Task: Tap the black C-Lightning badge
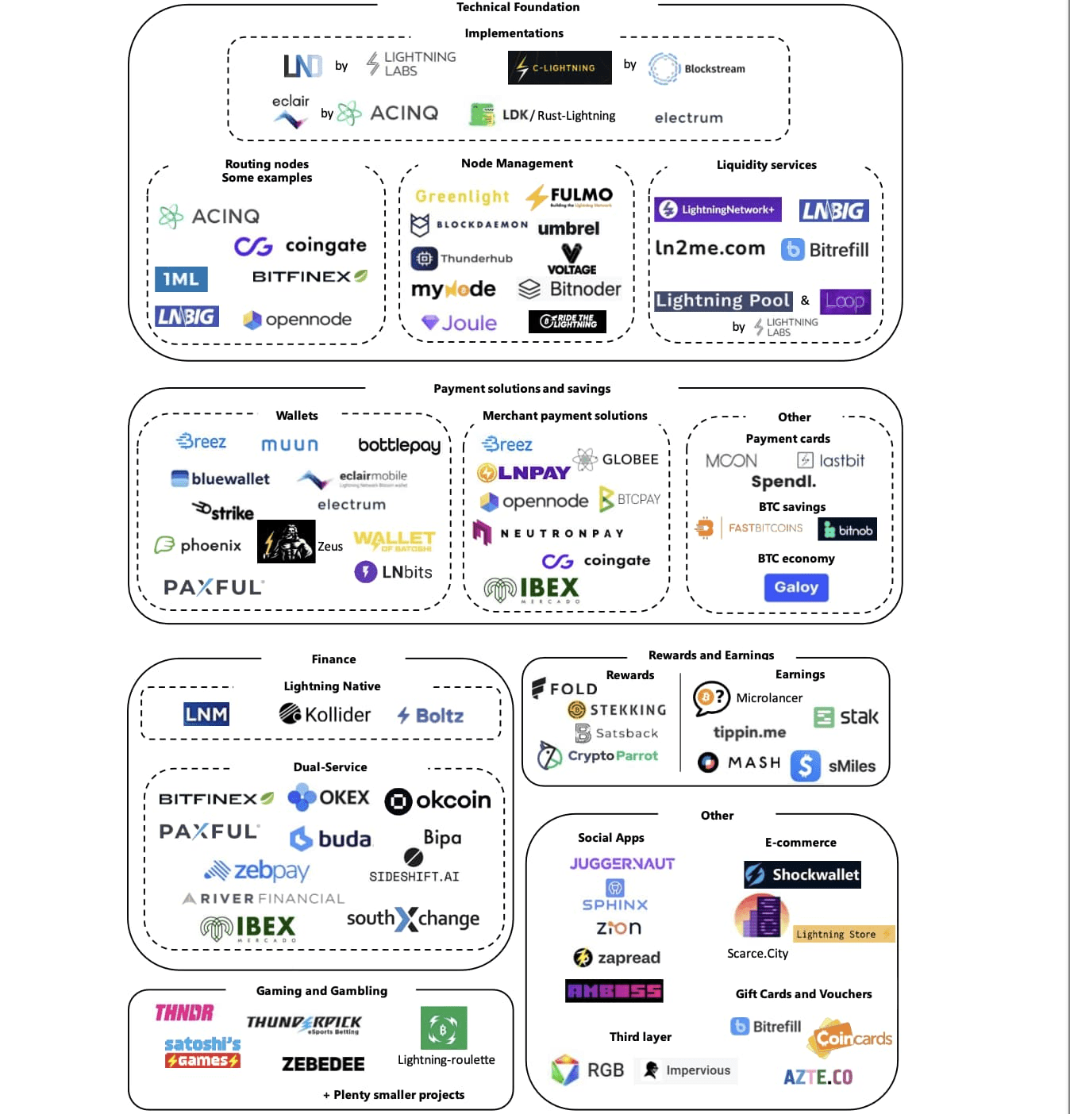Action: tap(560, 67)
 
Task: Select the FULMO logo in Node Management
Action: tap(570, 196)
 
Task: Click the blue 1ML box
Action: tap(181, 278)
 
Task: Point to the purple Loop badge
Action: tap(845, 301)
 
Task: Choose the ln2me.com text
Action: tap(710, 248)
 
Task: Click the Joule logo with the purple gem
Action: tap(460, 323)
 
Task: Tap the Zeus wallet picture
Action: tap(287, 541)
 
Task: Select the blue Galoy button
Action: tap(796, 587)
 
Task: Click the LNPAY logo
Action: tap(524, 473)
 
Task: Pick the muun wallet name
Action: tap(290, 445)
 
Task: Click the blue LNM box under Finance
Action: tap(206, 714)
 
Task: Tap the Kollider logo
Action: tap(325, 715)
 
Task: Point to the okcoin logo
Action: tap(438, 801)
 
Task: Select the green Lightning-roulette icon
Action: tap(444, 1028)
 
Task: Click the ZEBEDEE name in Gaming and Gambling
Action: tap(323, 1064)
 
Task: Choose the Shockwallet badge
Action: tap(802, 874)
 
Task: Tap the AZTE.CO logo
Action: tap(818, 1077)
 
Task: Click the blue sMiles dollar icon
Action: tap(805, 766)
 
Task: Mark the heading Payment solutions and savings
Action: tap(522, 389)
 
